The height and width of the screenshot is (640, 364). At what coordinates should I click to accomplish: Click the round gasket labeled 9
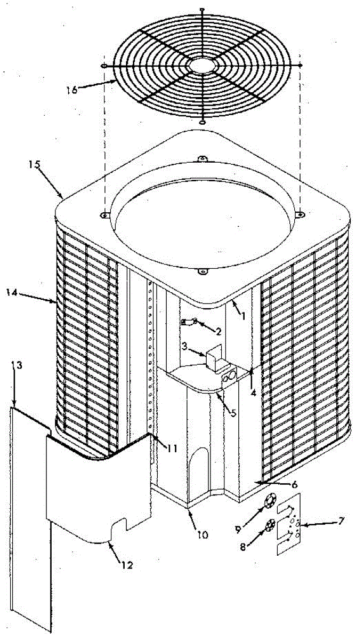pyautogui.click(x=269, y=501)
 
